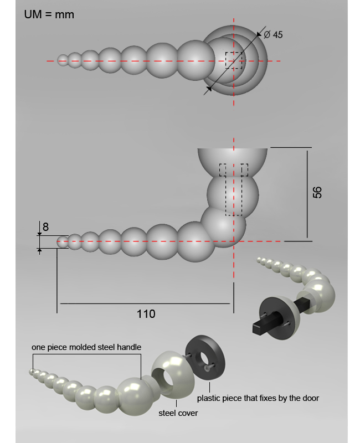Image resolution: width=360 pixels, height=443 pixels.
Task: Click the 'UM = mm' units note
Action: pos(49,14)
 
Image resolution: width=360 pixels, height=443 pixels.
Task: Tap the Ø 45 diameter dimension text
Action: pos(273,35)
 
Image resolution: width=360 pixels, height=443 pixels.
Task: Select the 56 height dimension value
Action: pos(317,192)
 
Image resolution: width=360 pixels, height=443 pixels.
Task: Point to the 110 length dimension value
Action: pos(146,314)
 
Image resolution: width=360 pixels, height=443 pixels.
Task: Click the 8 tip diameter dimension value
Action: pos(45,227)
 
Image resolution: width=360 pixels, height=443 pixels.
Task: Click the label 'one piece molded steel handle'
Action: pos(86,347)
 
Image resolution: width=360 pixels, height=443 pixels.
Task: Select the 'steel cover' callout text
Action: pos(178,413)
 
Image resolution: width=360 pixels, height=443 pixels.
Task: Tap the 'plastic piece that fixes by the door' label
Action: pos(258,398)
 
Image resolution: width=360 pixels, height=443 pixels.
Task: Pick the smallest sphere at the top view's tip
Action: pos(63,60)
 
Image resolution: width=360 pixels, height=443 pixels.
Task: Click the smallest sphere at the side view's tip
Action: pos(63,242)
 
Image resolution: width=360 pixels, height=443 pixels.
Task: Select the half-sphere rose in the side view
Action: pos(232,162)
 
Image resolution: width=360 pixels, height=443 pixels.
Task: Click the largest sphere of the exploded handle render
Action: pos(134,396)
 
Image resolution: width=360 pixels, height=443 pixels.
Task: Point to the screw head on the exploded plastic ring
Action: pos(207,367)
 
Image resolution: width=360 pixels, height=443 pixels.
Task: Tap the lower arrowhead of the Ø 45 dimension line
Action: pos(209,89)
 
